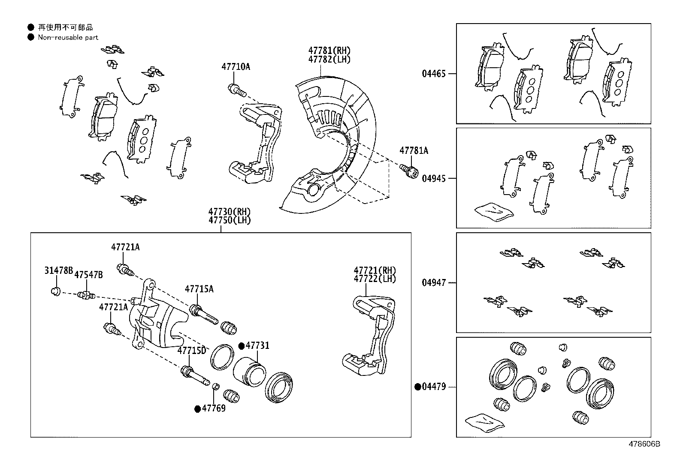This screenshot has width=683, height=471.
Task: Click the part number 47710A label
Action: coord(236,66)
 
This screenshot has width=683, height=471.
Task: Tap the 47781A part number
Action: coord(414,150)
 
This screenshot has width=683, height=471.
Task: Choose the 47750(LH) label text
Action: coord(230,220)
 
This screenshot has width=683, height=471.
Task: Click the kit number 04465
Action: coord(434,74)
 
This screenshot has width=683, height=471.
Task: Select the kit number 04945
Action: coord(434,178)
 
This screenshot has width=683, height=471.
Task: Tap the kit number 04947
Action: coord(434,283)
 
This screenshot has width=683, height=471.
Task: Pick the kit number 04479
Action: coord(434,387)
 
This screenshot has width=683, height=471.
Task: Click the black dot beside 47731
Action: coord(242,346)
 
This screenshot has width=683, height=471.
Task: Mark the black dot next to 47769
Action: coord(198,409)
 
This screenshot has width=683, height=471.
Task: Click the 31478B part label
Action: coord(58,270)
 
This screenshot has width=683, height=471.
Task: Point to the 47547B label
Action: coord(88,275)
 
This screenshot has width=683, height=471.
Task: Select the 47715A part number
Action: coord(199,289)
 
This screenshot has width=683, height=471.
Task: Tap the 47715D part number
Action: coord(192,351)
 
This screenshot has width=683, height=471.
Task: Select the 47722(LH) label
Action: coord(375,279)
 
